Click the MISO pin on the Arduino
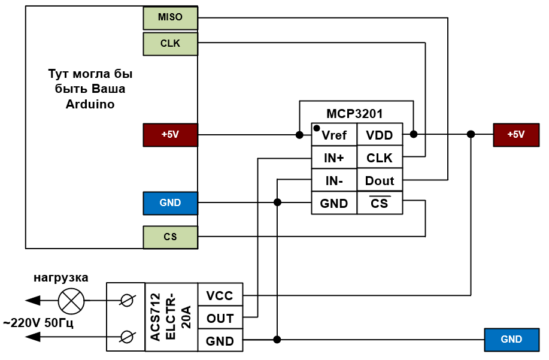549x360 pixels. click(x=171, y=18)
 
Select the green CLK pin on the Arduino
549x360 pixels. click(x=171, y=44)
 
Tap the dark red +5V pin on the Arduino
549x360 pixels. click(x=171, y=135)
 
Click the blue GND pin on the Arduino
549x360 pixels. click(x=171, y=203)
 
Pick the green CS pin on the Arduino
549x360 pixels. click(x=171, y=237)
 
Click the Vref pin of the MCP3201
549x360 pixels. click(x=334, y=135)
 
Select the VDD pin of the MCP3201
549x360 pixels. click(x=380, y=135)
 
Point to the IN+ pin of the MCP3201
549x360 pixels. click(x=334, y=158)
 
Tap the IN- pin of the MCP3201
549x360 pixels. click(x=334, y=181)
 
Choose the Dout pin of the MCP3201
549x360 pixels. click(x=380, y=181)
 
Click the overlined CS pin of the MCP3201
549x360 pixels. click(x=380, y=204)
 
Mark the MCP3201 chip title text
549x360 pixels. click(x=354, y=114)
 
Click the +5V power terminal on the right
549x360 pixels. click(x=515, y=135)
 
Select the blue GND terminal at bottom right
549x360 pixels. click(x=511, y=340)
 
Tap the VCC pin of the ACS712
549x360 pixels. click(x=220, y=296)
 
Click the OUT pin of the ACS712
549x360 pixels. click(x=220, y=319)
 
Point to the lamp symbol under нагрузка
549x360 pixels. click(x=71, y=300)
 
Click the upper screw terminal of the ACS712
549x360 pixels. click(x=126, y=300)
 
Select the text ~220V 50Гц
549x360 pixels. click(x=38, y=323)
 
